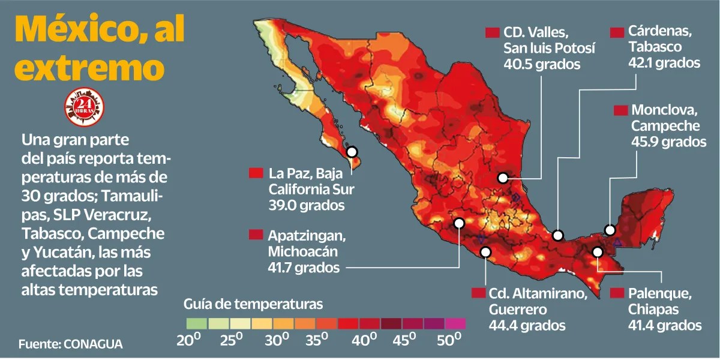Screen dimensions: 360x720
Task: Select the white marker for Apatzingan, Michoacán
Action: pos(459,223)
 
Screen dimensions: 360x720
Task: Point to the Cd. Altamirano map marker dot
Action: pos(485,253)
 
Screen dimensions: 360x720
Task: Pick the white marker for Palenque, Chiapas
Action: pos(597,252)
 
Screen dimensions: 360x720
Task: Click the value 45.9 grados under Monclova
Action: pos(668,142)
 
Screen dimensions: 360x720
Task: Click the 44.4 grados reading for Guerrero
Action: pos(527,326)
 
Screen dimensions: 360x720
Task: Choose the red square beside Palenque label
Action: pos(617,293)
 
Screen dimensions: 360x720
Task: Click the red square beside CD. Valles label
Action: pos(493,32)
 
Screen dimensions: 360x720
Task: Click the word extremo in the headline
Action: pos(89,67)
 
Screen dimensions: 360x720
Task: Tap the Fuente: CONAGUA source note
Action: pos(70,344)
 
